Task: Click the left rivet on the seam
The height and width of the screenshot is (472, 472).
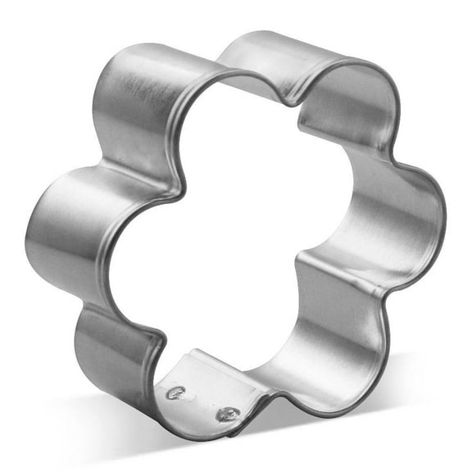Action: tap(174, 393)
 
